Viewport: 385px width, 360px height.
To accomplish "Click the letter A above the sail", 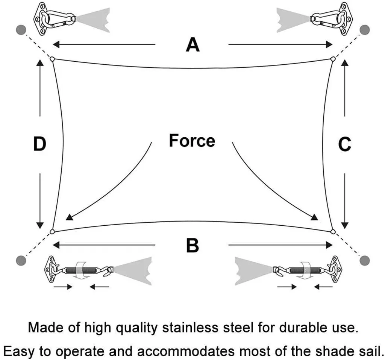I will (x=192, y=45).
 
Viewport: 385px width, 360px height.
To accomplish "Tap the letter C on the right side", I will (x=344, y=144).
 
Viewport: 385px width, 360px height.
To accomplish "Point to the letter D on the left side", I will (x=39, y=144).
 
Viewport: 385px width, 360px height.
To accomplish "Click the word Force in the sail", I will (x=192, y=141).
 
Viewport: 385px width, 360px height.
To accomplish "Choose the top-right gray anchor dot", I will (x=364, y=29).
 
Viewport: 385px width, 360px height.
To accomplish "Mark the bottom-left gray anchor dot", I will (x=21, y=259).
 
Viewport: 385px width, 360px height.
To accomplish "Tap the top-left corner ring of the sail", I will (x=52, y=59).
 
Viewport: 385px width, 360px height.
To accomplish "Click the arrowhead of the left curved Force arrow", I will (x=68, y=217).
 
